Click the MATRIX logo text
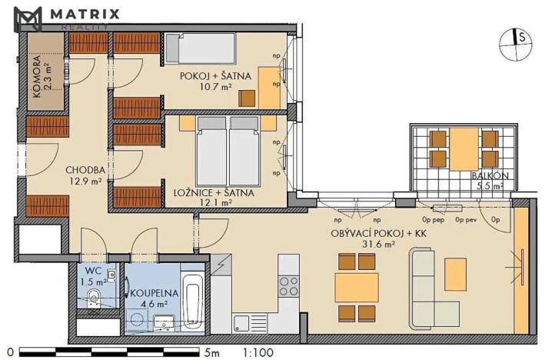coord(85,13)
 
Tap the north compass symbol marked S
coord(517,44)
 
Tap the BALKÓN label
coord(487,180)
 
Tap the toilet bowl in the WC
coord(95,299)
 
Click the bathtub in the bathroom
coord(191,302)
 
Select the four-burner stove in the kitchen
coord(289,286)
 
